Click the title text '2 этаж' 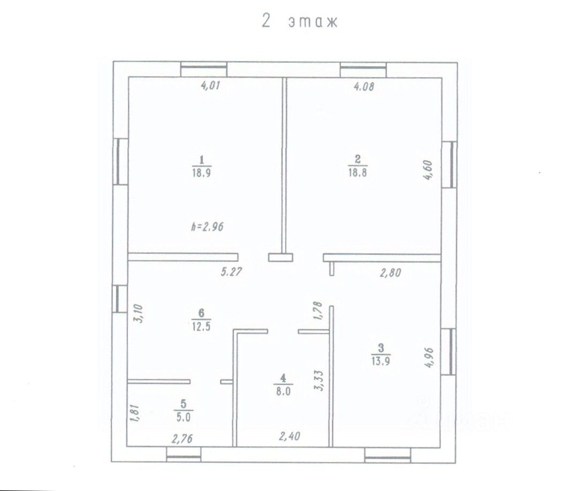click(300, 21)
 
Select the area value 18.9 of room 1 click(201, 172)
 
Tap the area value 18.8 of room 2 click(358, 172)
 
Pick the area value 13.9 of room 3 click(381, 361)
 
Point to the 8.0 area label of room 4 click(283, 391)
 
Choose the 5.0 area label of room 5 click(183, 417)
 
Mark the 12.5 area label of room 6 click(201, 326)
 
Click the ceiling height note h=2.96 click(208, 226)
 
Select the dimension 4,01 click(211, 86)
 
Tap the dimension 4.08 click(364, 87)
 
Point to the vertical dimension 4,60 click(429, 170)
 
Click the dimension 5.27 click(231, 271)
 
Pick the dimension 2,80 click(391, 273)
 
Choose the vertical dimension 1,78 click(317, 310)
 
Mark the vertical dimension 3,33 click(319, 381)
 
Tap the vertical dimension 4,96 click(429, 358)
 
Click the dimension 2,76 click(182, 439)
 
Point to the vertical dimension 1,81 click(134, 412)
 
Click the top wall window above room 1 click(204, 69)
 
